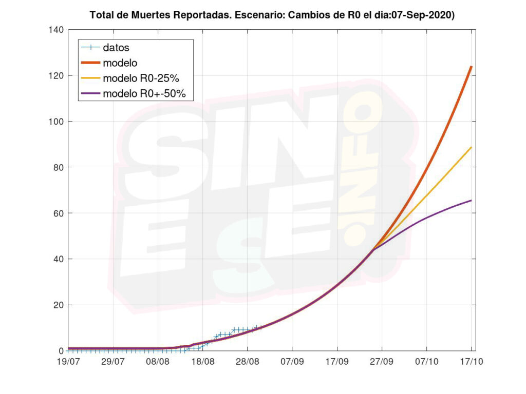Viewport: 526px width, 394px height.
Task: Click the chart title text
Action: [x=272, y=15]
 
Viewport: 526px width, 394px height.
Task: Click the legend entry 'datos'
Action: [x=116, y=48]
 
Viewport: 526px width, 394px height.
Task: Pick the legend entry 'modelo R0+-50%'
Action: [x=147, y=94]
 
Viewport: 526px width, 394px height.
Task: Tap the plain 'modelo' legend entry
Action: [x=120, y=63]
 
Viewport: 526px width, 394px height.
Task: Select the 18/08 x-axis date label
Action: [x=202, y=361]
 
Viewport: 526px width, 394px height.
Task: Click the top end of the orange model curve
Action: [x=471, y=67]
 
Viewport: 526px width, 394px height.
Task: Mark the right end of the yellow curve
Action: [x=471, y=147]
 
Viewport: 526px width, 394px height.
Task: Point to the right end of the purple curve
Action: [x=471, y=200]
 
